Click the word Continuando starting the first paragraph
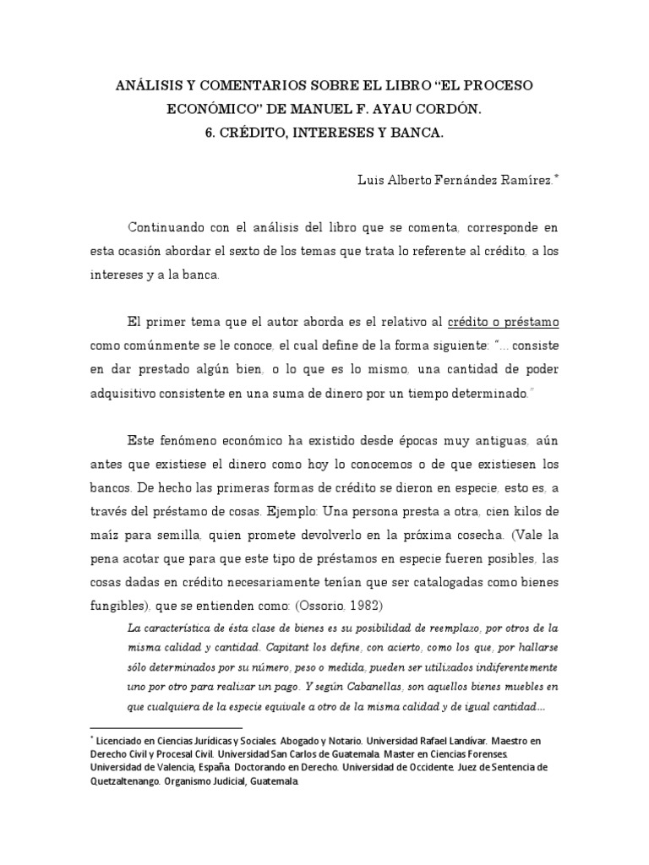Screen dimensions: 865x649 [168, 229]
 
